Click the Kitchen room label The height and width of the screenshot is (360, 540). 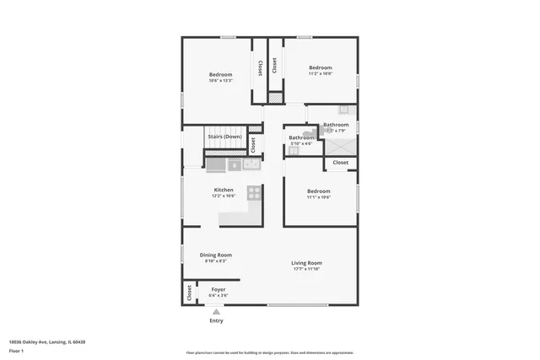click(x=224, y=190)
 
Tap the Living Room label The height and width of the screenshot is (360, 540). click(x=307, y=263)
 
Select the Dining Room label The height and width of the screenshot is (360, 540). click(x=216, y=255)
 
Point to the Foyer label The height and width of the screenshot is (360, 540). click(x=218, y=289)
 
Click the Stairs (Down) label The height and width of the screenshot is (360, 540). click(x=224, y=137)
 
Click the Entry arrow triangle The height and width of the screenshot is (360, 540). click(x=216, y=311)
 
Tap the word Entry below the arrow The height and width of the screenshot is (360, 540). click(x=216, y=320)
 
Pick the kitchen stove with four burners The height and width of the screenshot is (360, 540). click(x=252, y=192)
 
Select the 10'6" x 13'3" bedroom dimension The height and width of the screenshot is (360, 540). click(x=221, y=81)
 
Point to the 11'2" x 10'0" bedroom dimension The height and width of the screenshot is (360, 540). click(x=320, y=74)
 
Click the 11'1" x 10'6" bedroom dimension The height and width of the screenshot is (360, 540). click(x=318, y=197)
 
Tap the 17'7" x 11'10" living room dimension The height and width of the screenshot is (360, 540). click(x=307, y=270)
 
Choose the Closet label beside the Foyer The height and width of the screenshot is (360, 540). click(x=188, y=293)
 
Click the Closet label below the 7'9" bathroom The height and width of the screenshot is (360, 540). click(x=340, y=163)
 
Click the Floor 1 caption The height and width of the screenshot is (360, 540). click(x=16, y=350)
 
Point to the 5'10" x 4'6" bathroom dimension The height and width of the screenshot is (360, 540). click(x=301, y=143)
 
